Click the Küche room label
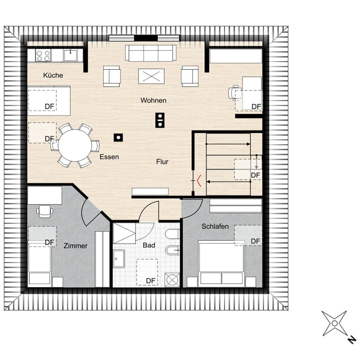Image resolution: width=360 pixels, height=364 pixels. click(x=53, y=75)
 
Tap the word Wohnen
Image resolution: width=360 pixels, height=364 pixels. click(x=153, y=100)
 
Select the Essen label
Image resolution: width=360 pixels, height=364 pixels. click(x=109, y=157)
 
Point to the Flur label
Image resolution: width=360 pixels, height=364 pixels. click(x=162, y=162)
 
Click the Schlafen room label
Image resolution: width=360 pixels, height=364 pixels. click(x=215, y=226)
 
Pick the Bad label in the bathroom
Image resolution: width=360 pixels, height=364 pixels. click(x=149, y=245)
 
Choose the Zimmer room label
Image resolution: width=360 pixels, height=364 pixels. click(x=75, y=246)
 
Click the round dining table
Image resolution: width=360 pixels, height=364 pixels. click(x=75, y=145)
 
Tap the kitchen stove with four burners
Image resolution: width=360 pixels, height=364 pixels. click(x=43, y=55)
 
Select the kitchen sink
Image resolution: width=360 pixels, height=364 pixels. click(x=70, y=55)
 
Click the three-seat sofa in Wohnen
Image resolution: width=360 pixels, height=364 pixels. click(x=151, y=53)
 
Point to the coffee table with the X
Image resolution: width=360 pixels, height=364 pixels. click(x=151, y=76)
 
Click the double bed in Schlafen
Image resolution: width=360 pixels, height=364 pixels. click(x=221, y=262)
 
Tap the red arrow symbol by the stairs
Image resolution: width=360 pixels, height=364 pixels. click(x=199, y=180)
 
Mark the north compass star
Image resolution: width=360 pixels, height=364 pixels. click(x=334, y=323)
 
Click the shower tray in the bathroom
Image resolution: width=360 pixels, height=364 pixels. click(x=124, y=233)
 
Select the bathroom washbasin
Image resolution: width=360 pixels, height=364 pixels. click(x=119, y=259)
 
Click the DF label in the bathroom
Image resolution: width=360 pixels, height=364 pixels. click(x=150, y=281)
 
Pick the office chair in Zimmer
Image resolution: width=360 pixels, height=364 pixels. click(x=45, y=211)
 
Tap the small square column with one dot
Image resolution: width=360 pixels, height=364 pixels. click(x=118, y=138)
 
